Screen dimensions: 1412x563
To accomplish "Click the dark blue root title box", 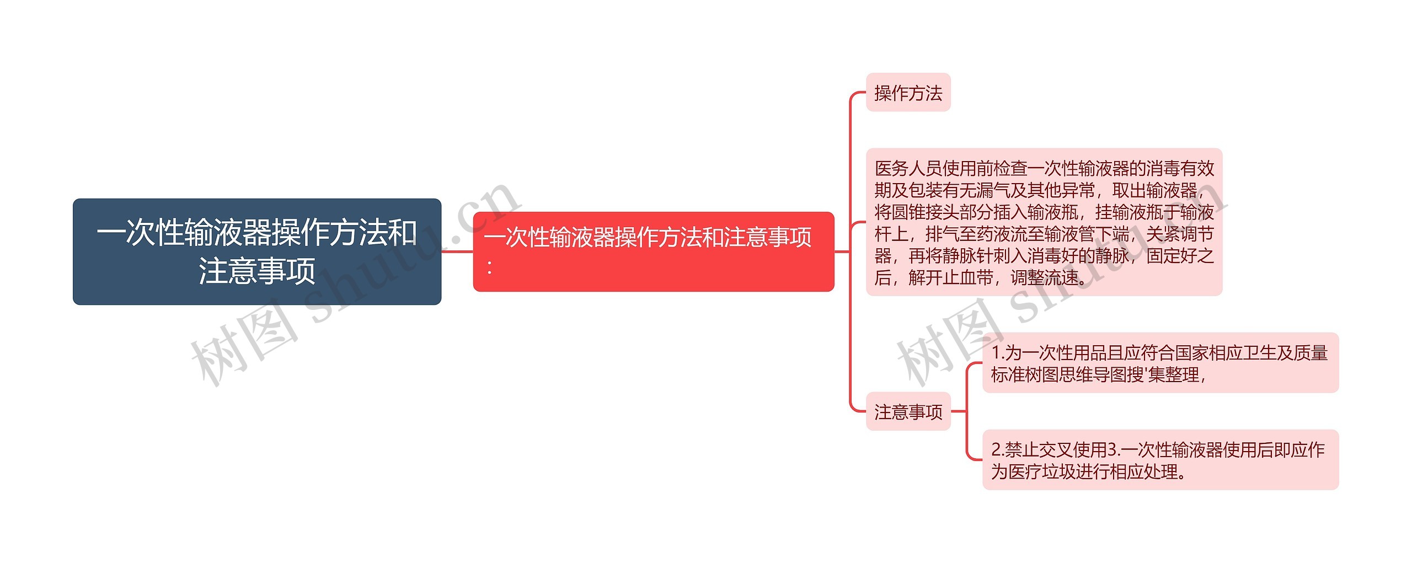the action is tap(256, 251).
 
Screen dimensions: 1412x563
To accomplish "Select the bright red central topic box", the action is tap(653, 251).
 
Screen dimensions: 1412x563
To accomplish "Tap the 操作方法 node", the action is tap(908, 93).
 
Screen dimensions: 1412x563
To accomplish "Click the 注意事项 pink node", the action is tap(908, 412).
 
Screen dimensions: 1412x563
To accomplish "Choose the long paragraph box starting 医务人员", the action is tap(1044, 222).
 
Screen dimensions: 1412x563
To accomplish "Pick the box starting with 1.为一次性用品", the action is tap(1160, 363).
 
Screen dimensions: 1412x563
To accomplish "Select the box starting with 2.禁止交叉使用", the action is tap(1160, 460).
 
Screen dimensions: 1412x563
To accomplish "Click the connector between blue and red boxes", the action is tap(457, 251).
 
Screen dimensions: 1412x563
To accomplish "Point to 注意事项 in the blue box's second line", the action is tap(256, 271).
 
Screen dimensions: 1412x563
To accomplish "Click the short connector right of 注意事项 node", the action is tap(959, 411).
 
